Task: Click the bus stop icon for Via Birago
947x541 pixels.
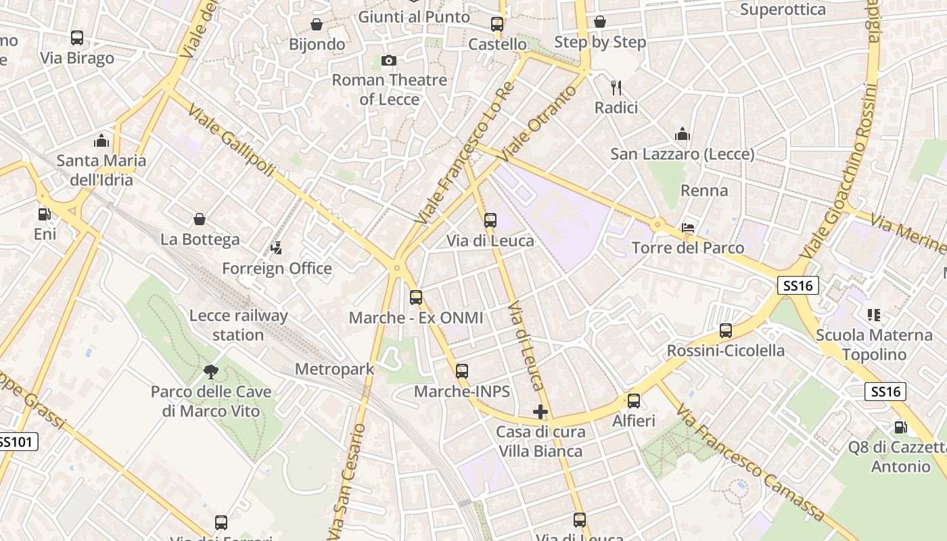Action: pyautogui.click(x=77, y=38)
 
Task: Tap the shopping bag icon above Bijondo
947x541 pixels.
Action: pyautogui.click(x=317, y=25)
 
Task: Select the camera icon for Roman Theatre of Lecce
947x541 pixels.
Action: pyautogui.click(x=388, y=61)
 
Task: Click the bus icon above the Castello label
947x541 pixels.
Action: pyautogui.click(x=497, y=24)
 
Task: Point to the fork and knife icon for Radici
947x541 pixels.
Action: pyautogui.click(x=616, y=88)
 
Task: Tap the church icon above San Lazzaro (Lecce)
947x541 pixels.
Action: pyautogui.click(x=682, y=135)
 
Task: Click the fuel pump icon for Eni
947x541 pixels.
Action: pyautogui.click(x=45, y=214)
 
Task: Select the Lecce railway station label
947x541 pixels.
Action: pyautogui.click(x=238, y=325)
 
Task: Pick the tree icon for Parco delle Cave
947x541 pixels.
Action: pyautogui.click(x=211, y=371)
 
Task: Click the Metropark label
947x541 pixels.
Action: pyautogui.click(x=335, y=369)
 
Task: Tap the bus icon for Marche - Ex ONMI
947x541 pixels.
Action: pyautogui.click(x=416, y=298)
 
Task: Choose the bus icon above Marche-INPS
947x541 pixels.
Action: pyautogui.click(x=462, y=371)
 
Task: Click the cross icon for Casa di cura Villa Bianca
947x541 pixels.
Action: pyautogui.click(x=540, y=411)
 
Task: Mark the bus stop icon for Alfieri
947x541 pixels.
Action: pyautogui.click(x=634, y=401)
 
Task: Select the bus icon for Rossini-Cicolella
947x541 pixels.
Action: pyautogui.click(x=726, y=331)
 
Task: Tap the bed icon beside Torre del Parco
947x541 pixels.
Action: pyautogui.click(x=688, y=228)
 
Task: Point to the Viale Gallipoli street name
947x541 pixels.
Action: pyautogui.click(x=231, y=141)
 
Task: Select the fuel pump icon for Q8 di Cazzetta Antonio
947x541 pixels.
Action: pyautogui.click(x=900, y=427)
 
